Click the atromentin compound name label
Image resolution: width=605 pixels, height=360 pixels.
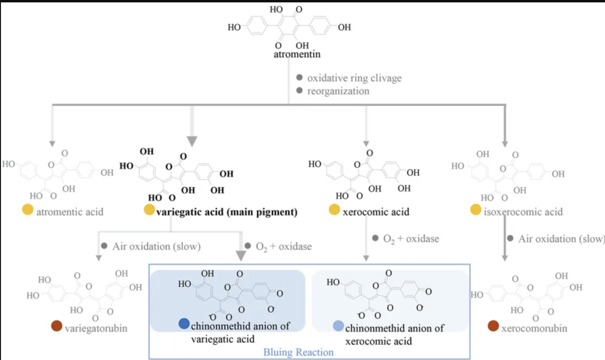click(297, 54)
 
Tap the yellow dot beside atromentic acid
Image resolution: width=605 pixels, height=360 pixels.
click(28, 209)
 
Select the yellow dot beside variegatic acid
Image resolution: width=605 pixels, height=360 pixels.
click(149, 209)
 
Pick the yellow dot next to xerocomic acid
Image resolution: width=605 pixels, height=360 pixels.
click(335, 209)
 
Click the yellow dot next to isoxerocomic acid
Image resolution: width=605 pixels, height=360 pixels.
click(476, 209)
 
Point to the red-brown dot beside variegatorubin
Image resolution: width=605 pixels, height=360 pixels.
click(57, 326)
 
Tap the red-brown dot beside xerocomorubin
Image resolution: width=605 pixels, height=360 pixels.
click(493, 326)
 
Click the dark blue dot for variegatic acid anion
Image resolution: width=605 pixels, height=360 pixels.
click(184, 323)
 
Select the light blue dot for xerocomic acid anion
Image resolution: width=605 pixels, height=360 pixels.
click(338, 326)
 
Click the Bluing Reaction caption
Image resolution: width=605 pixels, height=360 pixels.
click(298, 352)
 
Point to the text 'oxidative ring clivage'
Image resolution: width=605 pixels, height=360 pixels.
click(355, 78)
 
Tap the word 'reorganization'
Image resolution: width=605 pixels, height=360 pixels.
click(338, 91)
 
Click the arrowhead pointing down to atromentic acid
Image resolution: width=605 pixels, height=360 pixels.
click(52, 144)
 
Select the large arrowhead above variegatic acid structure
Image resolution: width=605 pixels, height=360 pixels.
click(192, 141)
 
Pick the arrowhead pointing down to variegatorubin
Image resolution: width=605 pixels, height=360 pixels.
click(99, 258)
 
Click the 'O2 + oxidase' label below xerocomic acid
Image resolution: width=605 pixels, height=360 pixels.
click(411, 239)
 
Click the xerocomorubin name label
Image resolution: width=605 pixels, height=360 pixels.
click(534, 329)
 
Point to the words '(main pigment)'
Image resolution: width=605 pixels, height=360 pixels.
click(262, 212)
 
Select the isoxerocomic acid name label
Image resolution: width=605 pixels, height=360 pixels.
click(523, 212)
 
